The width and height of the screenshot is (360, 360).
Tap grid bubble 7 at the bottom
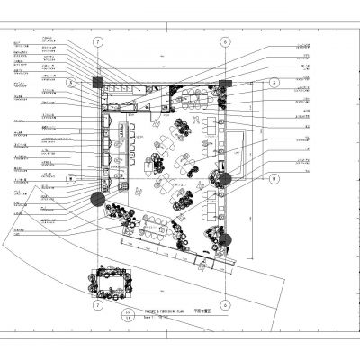(97, 305)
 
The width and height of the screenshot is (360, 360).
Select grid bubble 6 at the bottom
(225, 305)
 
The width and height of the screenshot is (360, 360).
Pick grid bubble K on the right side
(274, 82)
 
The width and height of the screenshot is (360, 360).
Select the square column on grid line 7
(97, 82)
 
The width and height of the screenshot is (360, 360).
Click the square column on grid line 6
(225, 82)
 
